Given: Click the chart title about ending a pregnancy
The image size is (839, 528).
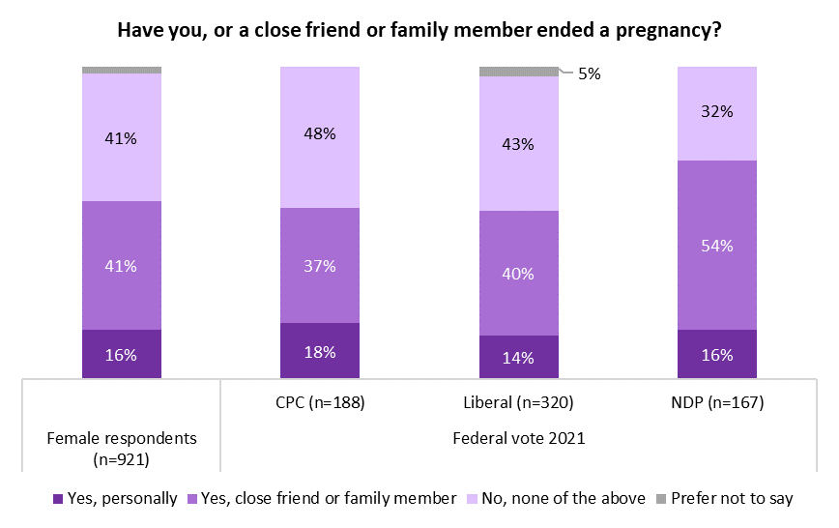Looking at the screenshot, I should (x=419, y=30).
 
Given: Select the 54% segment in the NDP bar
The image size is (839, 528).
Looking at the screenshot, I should (x=717, y=245).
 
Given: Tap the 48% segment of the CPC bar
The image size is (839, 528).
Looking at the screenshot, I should (x=320, y=136).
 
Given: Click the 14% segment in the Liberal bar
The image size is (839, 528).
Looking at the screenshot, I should (x=519, y=357).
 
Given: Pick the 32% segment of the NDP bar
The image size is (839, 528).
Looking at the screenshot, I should (x=717, y=112).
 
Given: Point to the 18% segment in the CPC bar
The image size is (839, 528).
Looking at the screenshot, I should (x=320, y=350).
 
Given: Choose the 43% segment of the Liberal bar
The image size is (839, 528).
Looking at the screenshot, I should (x=519, y=143).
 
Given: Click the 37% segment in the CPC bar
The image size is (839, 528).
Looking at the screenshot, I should (x=320, y=265).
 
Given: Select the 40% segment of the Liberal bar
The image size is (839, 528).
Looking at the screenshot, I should (x=519, y=273).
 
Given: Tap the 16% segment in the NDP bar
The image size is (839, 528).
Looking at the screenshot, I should (x=717, y=353).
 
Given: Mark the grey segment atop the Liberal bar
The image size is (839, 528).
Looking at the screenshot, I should (x=519, y=72).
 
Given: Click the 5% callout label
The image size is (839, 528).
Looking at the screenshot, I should (x=590, y=73).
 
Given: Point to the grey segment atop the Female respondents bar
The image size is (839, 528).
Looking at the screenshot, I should (x=122, y=70).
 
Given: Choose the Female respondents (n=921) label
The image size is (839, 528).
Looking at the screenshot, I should (x=122, y=447).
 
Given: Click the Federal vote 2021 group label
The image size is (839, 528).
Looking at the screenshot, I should (x=519, y=438).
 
